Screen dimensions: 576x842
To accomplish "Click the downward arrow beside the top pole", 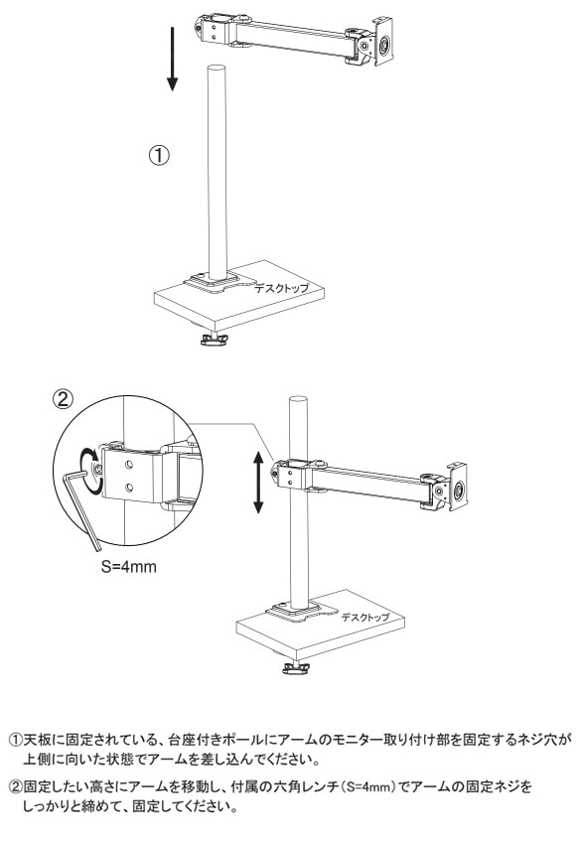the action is [x=172, y=59].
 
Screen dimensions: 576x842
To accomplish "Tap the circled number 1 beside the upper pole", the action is [x=159, y=155].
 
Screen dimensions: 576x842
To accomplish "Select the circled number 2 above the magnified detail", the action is [x=63, y=398].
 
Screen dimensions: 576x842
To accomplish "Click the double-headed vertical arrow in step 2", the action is [x=258, y=483].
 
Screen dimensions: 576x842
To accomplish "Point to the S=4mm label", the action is [x=129, y=567].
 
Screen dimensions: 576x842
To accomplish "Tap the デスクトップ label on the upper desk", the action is [x=282, y=288].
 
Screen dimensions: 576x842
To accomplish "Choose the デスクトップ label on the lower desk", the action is [x=365, y=618].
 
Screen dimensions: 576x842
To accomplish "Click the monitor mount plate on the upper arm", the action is [x=382, y=42].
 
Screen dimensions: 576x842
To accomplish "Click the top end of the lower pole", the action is [x=298, y=400].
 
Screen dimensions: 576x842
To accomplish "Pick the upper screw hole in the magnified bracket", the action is [x=129, y=464].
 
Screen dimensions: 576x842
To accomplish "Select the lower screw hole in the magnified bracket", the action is [x=129, y=487].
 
